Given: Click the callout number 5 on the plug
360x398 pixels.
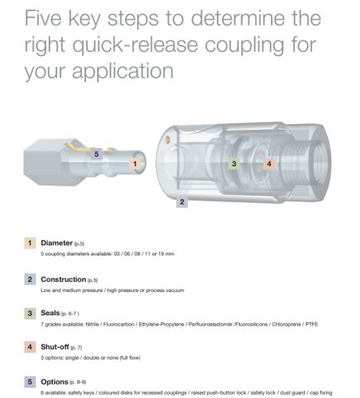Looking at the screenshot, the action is tap(96, 154).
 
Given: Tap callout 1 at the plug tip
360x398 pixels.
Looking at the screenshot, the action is tap(135, 164).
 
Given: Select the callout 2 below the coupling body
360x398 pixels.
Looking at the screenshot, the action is tap(182, 202).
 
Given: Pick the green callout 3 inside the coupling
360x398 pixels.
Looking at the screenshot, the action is tap(233, 163).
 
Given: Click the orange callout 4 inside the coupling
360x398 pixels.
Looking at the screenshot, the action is tap(269, 163).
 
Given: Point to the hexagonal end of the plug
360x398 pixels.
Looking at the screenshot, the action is tap(46, 162).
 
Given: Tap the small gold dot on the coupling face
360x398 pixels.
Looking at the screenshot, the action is tap(167, 140).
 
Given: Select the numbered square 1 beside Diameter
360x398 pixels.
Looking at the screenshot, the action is tap(29, 243).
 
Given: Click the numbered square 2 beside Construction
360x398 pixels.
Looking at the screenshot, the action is tap(29, 279).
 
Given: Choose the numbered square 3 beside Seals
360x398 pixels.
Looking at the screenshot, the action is tap(29, 313).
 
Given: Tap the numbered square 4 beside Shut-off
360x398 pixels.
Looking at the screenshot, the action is tap(29, 347).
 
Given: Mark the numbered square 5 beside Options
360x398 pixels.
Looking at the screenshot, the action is tap(29, 382).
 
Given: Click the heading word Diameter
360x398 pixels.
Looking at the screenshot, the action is tap(57, 243).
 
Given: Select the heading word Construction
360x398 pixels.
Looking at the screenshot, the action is tap(64, 279).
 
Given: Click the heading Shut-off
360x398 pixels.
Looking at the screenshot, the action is tap(55, 347).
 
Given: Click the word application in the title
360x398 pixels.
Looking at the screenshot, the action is tap(123, 71).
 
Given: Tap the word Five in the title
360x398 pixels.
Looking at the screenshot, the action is tap(43, 18).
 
